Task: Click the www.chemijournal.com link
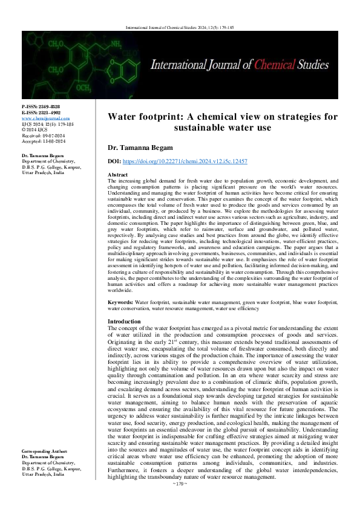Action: tap(45, 118)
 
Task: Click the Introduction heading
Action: tap(124, 321)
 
